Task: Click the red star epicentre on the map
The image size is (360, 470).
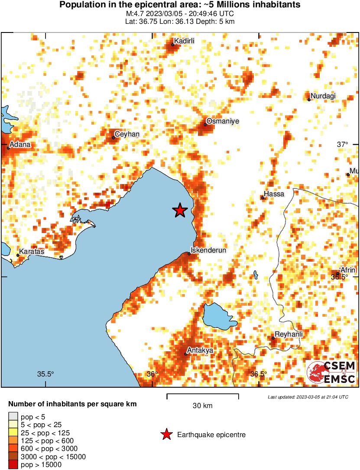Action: [x=180, y=211]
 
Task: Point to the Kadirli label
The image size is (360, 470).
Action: [x=184, y=41]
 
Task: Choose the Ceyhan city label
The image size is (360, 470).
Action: [x=127, y=134]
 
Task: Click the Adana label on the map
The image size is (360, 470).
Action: [x=20, y=144]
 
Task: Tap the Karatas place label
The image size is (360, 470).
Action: [x=31, y=251]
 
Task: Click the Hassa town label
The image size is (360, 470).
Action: [x=274, y=194]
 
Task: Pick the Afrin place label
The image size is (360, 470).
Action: [x=348, y=269]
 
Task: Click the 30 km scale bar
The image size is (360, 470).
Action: [x=202, y=395]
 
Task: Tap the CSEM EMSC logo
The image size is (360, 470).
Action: [x=331, y=373]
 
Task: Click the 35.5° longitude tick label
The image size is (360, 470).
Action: [x=45, y=374]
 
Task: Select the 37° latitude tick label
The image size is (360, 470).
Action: [x=343, y=144]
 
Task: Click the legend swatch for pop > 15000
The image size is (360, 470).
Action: [x=13, y=465]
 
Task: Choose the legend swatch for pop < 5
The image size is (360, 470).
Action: [x=13, y=417]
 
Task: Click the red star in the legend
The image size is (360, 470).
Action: [x=166, y=434]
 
